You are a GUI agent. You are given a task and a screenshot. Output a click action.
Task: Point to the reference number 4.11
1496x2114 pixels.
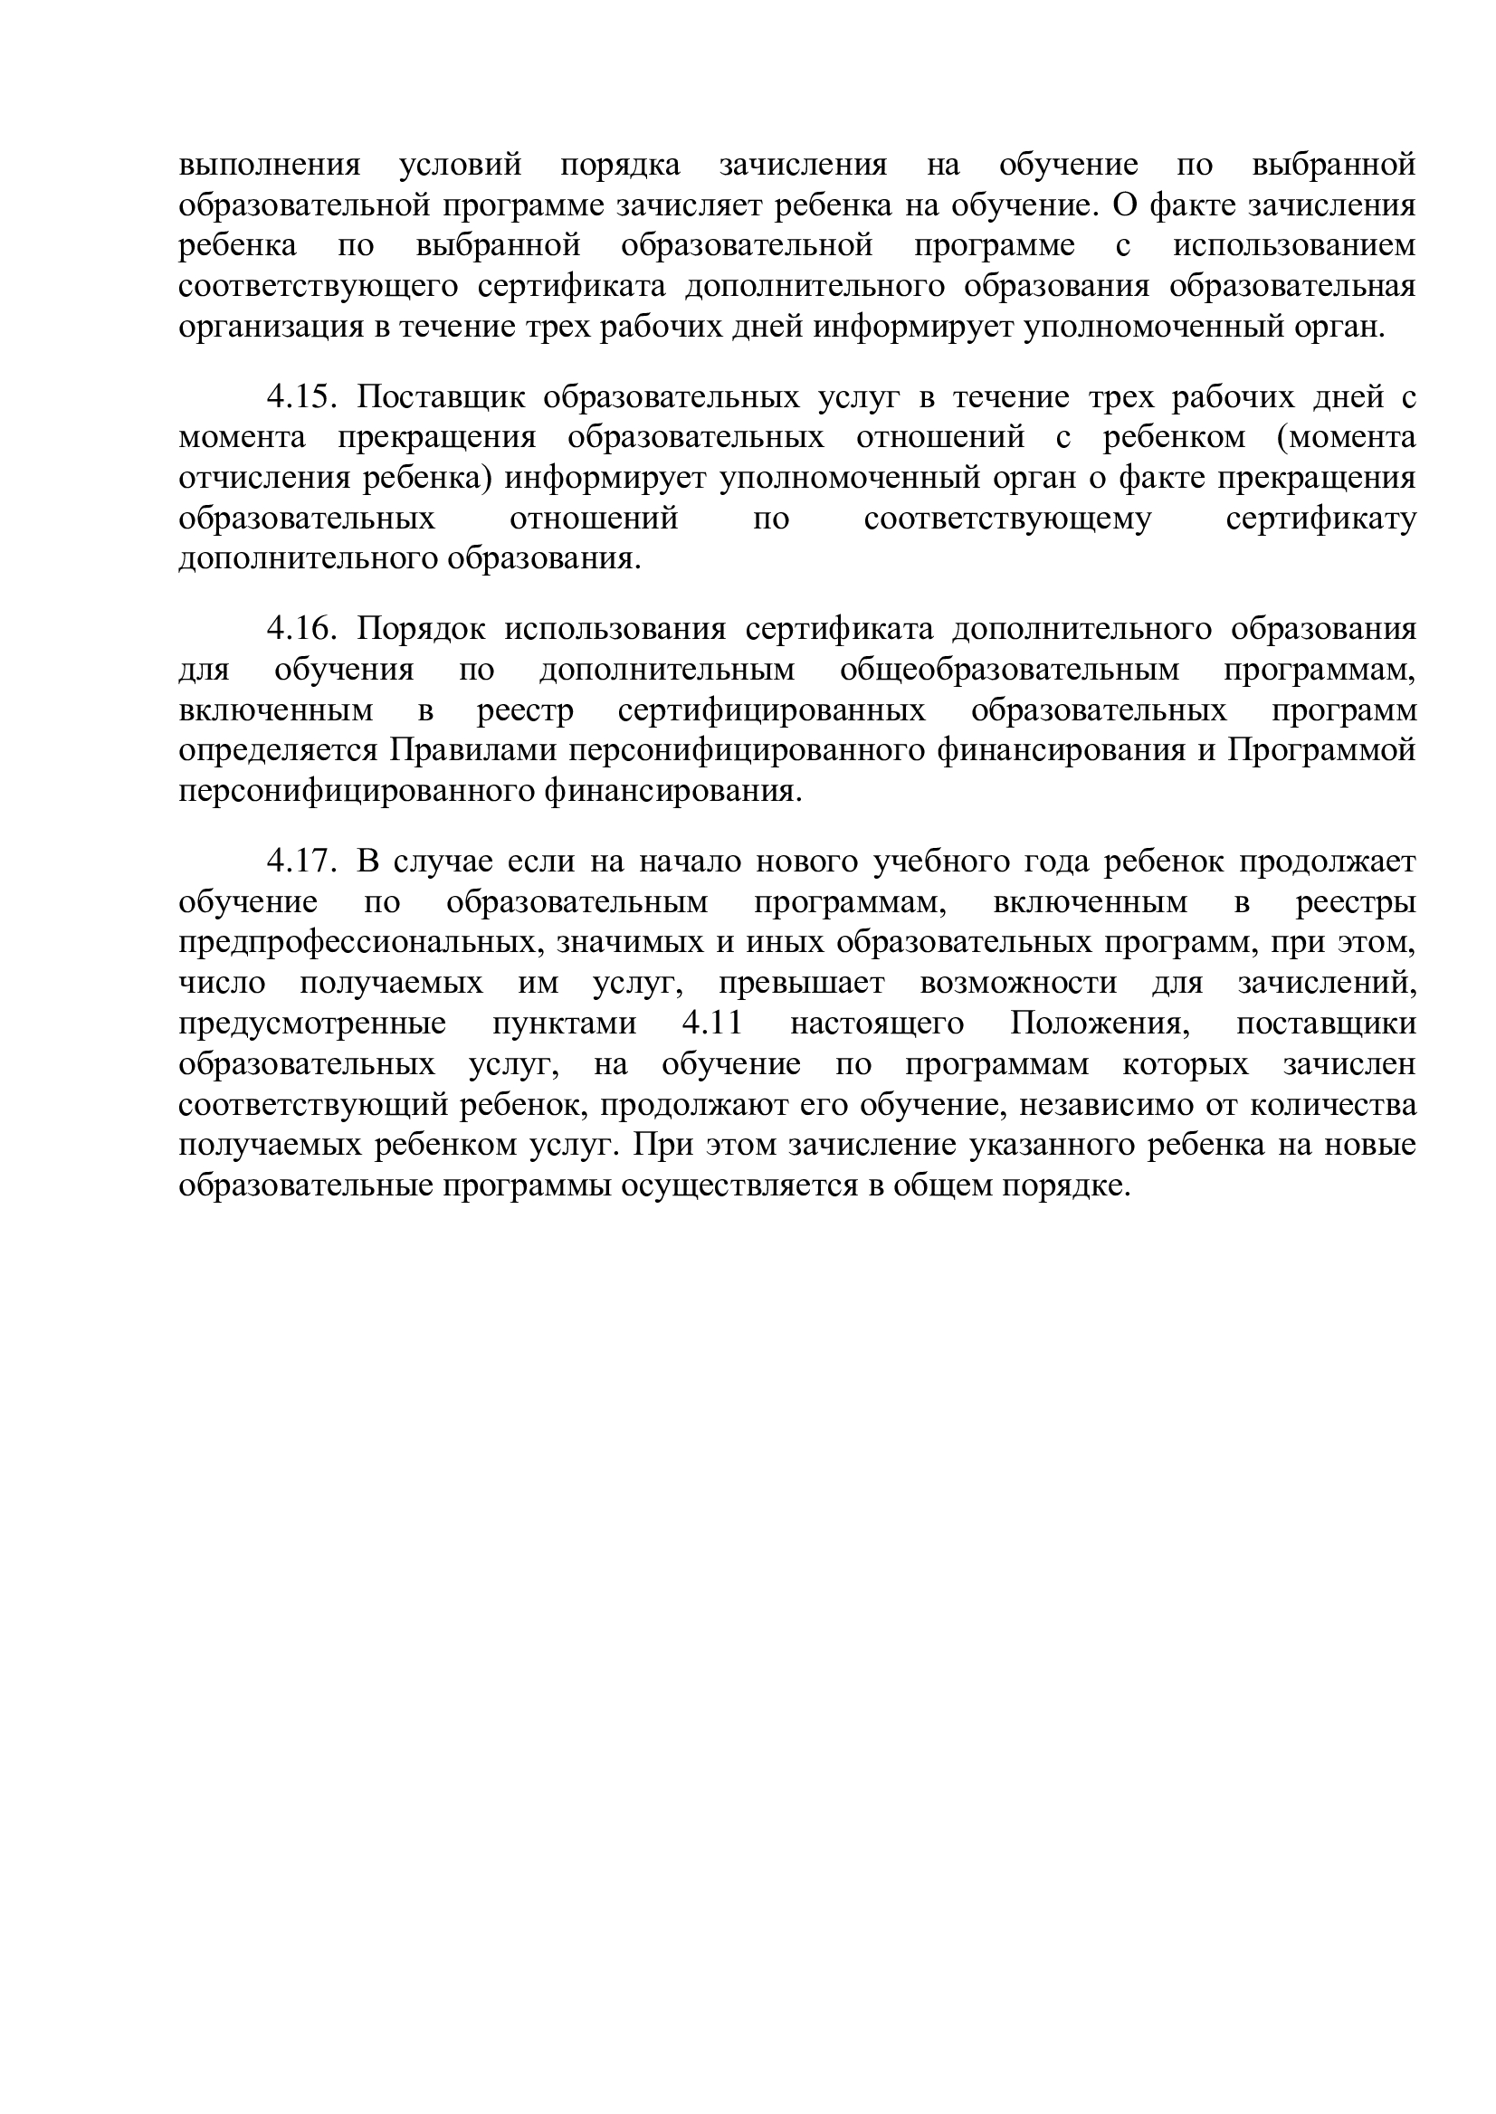click(709, 1024)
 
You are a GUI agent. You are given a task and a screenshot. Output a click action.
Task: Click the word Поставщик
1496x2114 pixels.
click(442, 397)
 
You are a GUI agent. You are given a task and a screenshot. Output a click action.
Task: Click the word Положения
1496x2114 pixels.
click(1096, 1024)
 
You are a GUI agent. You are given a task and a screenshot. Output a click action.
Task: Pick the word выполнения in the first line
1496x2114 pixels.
click(269, 166)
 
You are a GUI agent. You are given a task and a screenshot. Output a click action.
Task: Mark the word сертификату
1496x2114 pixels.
click(1320, 519)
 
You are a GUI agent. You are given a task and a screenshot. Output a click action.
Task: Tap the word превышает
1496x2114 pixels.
click(801, 983)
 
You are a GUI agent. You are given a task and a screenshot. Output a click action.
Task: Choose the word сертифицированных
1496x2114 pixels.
click(771, 710)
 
